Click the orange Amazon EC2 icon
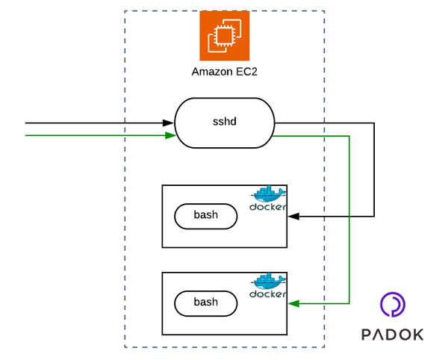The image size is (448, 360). [x=224, y=35]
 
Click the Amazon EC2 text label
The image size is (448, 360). [x=224, y=72]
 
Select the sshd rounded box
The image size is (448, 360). [x=224, y=122]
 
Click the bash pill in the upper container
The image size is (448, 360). [x=205, y=215]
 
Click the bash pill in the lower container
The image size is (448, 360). [x=205, y=302]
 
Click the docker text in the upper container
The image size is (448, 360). [x=267, y=207]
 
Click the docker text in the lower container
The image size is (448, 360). [x=267, y=294]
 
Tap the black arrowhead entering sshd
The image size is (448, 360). [x=170, y=122]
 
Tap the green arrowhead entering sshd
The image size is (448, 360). [x=171, y=135]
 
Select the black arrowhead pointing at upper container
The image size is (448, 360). [x=293, y=216]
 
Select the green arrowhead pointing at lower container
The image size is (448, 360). [x=293, y=303]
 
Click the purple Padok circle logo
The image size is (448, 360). [x=392, y=305]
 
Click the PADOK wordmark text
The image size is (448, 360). [x=392, y=335]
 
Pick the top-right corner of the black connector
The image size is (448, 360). [x=373, y=122]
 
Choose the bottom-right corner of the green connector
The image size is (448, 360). [x=349, y=303]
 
